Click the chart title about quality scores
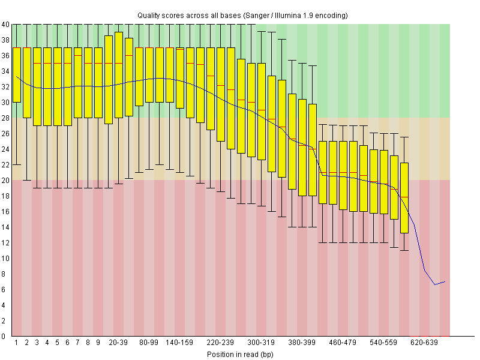pos(242,14)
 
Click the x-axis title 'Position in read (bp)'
pos(240,355)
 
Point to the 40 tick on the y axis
pos(5,25)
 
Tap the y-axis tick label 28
pos(5,118)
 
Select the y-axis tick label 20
pos(5,181)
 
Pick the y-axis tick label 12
pos(5,243)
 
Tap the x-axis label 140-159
pos(180,343)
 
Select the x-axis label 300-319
pos(261,343)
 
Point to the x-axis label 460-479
pos(343,343)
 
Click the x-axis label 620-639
pos(425,343)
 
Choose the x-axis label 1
pos(17,343)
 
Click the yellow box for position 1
pos(17,74)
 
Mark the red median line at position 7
pos(78,55)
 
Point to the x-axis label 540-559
pos(384,343)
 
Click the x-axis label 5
pos(58,343)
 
